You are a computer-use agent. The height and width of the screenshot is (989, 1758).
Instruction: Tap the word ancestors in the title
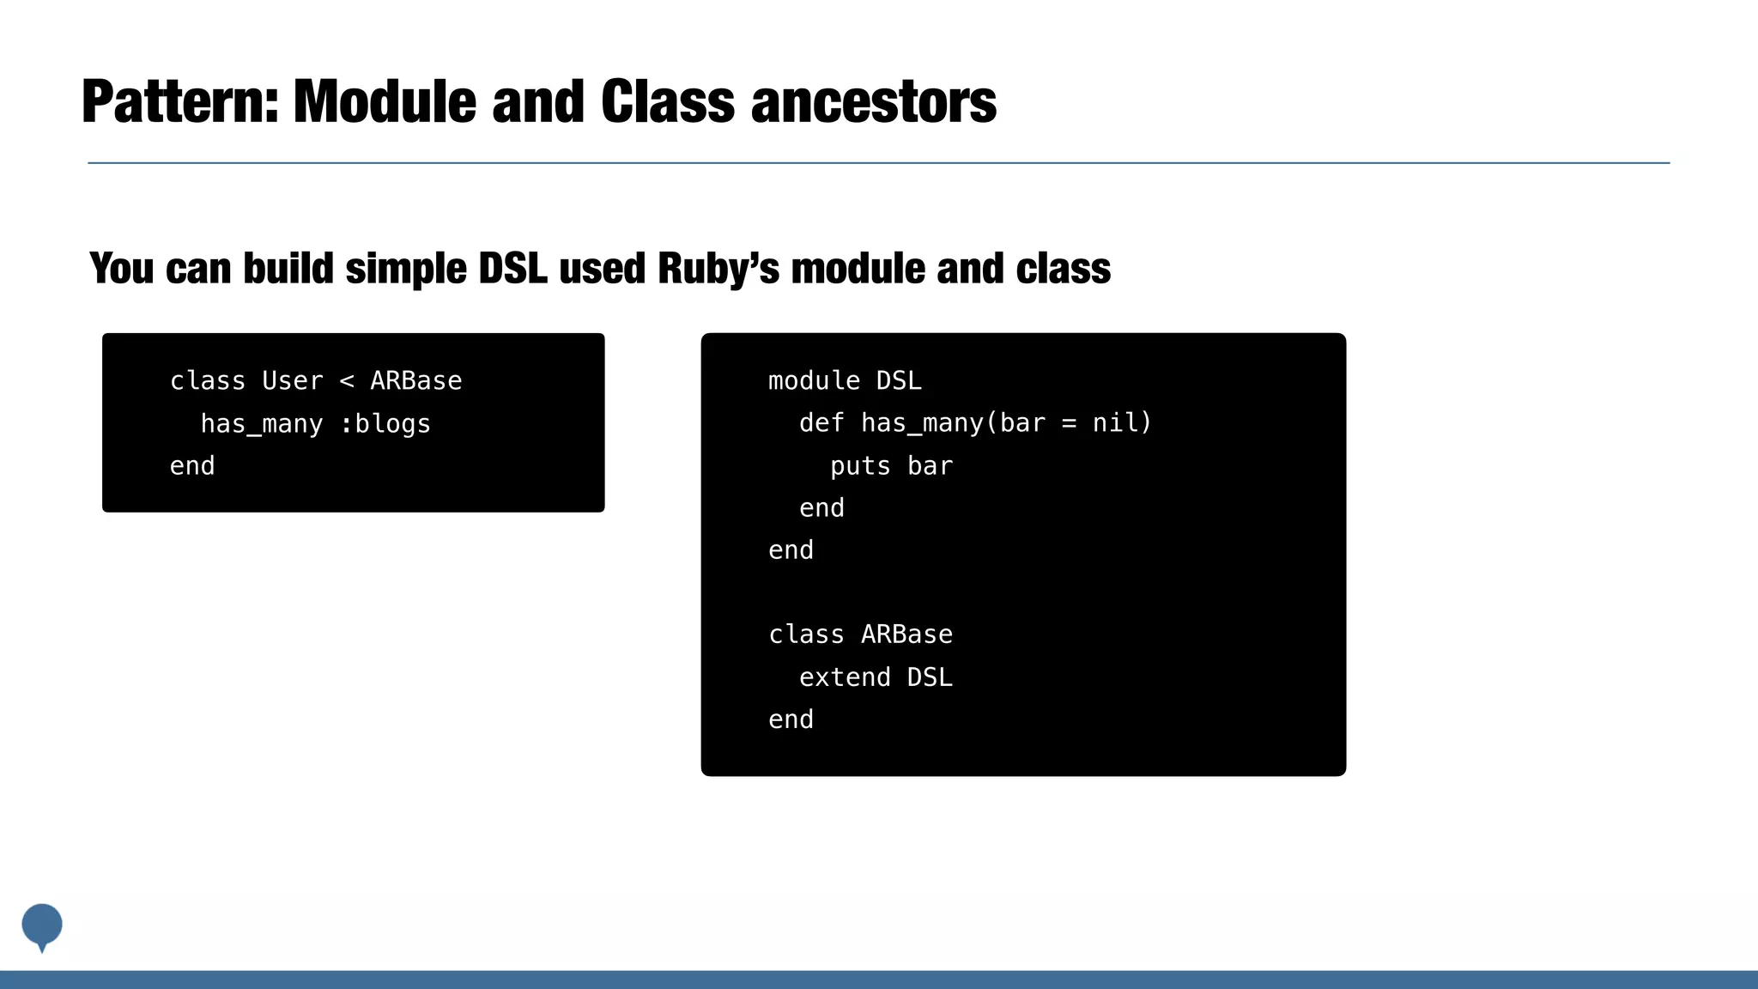tap(873, 102)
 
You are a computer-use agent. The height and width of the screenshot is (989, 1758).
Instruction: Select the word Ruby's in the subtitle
tap(718, 269)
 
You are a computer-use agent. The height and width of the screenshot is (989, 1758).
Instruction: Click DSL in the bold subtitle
tap(512, 269)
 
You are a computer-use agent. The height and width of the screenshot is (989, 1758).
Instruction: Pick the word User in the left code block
tap(292, 380)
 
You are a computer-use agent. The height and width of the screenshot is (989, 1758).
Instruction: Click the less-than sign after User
tap(347, 381)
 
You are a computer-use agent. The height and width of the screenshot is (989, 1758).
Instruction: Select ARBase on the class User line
tap(416, 380)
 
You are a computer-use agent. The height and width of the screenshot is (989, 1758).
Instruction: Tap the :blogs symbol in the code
tap(385, 423)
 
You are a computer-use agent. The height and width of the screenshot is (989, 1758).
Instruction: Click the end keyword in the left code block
tap(192, 466)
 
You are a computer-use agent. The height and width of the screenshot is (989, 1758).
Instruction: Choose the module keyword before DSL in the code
tap(814, 380)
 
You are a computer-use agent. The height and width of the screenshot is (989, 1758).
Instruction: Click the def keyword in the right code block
tap(821, 423)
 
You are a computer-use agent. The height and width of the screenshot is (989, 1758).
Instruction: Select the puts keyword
tap(860, 466)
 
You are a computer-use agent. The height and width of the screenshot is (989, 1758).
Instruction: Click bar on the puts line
tap(930, 466)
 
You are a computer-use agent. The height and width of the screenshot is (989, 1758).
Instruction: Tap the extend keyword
tap(845, 677)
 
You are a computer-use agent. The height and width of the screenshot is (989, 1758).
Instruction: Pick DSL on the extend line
tap(930, 677)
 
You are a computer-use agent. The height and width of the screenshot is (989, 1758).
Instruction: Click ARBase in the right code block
tap(906, 634)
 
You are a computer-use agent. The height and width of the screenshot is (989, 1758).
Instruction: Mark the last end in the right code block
tap(791, 719)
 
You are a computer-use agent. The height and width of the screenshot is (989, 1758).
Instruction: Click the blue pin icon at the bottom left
tap(42, 925)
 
